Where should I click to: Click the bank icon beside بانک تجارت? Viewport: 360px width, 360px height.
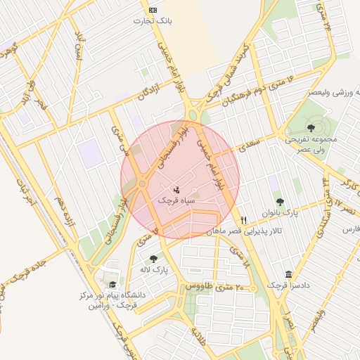coord(153,9)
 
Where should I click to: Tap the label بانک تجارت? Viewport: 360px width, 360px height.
coord(153,21)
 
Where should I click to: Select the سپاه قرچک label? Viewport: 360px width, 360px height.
coord(176,200)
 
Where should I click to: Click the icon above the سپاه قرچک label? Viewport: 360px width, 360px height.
coord(176,189)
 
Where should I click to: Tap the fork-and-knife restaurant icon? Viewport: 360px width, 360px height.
coord(244,219)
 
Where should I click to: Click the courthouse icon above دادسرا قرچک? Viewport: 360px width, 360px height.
coord(287,275)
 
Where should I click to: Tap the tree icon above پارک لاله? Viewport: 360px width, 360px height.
coord(153,258)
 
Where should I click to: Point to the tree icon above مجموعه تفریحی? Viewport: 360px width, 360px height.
coord(311,127)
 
